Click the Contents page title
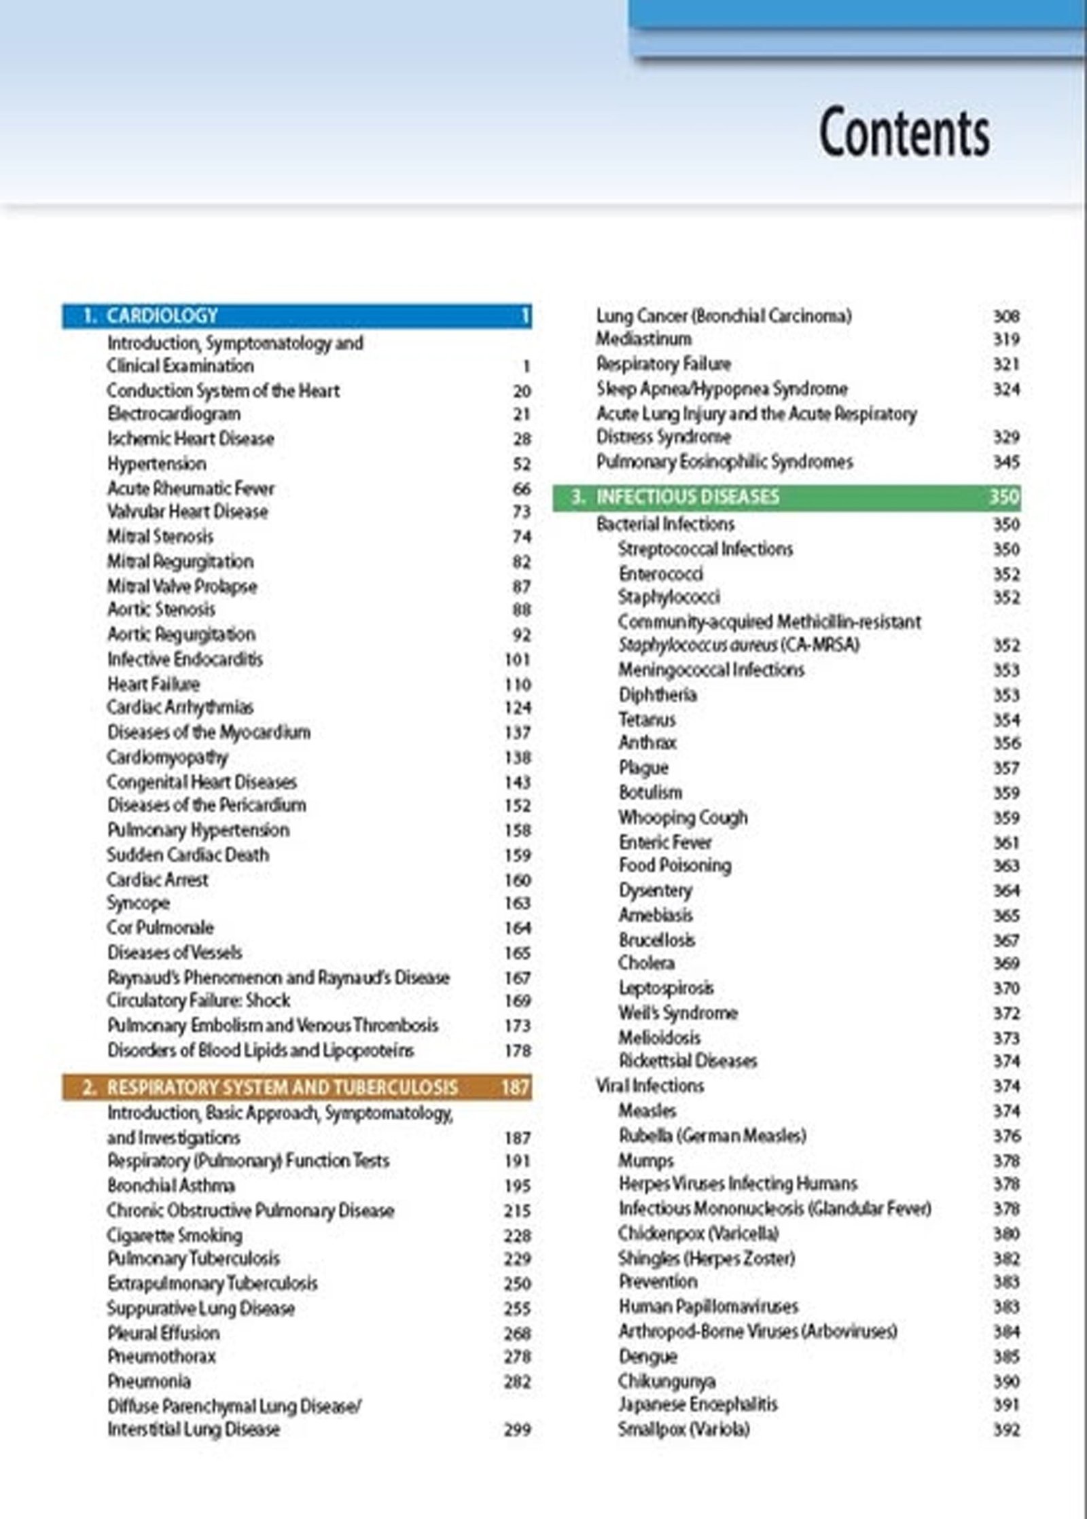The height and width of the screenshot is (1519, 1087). (x=904, y=132)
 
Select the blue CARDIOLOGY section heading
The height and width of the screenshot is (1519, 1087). (x=162, y=316)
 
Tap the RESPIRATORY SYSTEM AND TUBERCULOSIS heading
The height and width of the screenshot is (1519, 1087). (x=282, y=1088)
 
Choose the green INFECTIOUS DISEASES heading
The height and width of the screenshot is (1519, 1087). (x=688, y=497)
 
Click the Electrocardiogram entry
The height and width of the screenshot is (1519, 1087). (x=173, y=414)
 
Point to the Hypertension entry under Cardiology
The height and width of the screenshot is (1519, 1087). (x=156, y=464)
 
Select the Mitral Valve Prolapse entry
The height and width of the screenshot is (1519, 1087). (x=182, y=586)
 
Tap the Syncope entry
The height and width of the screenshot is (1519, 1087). (x=138, y=903)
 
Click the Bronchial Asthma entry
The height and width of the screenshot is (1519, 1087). (x=171, y=1186)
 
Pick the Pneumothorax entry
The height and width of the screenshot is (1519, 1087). (x=161, y=1357)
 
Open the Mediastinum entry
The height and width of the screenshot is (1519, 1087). (x=643, y=338)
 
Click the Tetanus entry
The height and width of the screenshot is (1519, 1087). (x=647, y=719)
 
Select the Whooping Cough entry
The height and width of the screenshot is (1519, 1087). (x=682, y=817)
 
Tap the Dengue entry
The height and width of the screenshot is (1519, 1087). (x=647, y=1357)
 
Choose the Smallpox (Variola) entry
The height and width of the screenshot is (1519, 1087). (x=683, y=1429)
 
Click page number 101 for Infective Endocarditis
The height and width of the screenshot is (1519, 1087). (x=517, y=660)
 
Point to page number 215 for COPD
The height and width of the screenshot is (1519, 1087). (x=517, y=1211)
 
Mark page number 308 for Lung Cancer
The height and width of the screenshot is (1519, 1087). (x=1005, y=316)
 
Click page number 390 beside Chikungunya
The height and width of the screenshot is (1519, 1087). (x=1005, y=1381)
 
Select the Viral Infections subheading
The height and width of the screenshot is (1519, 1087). (x=649, y=1086)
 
